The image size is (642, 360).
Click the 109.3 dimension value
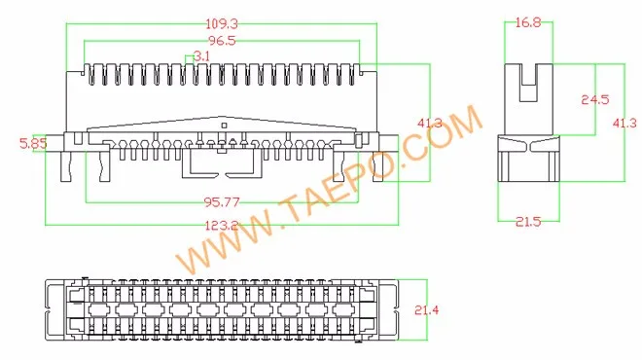[222, 23]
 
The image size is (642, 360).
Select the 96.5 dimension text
[222, 41]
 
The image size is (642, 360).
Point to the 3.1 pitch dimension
[202, 56]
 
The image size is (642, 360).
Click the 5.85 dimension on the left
[34, 143]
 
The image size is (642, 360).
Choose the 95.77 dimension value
[223, 202]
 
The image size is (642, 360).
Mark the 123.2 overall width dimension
[223, 225]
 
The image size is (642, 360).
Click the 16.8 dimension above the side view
[528, 22]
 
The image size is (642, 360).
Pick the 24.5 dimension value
[594, 99]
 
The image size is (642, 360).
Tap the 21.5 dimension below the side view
[528, 222]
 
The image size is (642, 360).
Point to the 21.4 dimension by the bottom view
[428, 309]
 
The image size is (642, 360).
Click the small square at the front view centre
[224, 126]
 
